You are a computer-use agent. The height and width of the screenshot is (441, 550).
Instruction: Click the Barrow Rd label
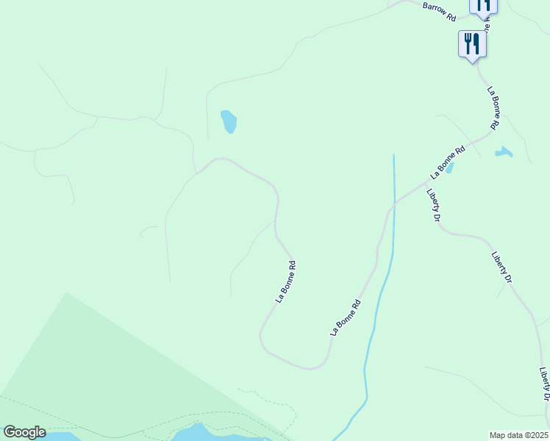440,11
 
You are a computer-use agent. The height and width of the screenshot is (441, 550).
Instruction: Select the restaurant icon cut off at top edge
484,5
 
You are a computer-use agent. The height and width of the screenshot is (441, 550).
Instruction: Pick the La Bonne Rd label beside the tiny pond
449,162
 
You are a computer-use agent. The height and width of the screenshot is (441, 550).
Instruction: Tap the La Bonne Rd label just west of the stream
346,318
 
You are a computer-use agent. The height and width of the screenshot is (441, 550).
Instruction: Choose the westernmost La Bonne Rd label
285,282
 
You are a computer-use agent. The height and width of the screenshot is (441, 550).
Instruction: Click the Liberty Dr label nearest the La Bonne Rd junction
433,206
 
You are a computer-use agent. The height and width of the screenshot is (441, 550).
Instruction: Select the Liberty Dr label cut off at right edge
545,384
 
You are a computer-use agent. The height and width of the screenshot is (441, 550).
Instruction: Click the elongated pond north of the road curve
229,121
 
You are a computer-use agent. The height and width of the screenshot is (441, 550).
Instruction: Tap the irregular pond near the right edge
504,152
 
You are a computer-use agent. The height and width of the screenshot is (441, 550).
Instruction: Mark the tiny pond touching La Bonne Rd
449,168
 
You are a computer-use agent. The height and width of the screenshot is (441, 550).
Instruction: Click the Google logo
24,432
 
